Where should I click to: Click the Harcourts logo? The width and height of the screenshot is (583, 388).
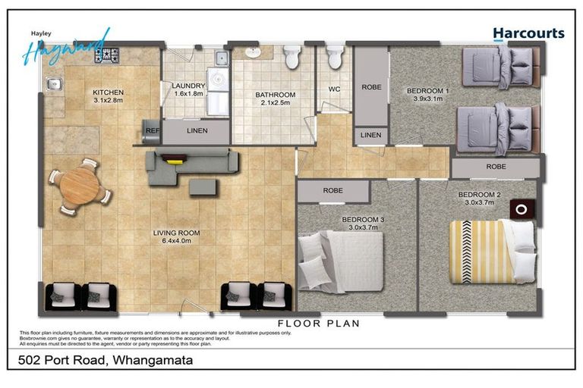[x=528, y=33]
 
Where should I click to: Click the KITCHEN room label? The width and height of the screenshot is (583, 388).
[x=108, y=95]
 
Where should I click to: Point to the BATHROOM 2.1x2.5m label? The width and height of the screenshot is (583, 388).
[x=275, y=99]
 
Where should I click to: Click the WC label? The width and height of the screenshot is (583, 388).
[x=334, y=89]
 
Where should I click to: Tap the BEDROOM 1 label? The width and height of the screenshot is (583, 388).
[x=427, y=95]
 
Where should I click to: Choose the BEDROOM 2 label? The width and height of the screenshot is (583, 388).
[x=479, y=199]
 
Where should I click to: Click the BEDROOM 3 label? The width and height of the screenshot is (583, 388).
[x=363, y=224]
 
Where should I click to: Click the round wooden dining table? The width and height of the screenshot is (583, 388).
[x=79, y=185]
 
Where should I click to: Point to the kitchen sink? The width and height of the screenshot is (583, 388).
[x=54, y=86]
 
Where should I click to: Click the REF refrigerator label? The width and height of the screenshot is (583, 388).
[x=151, y=130]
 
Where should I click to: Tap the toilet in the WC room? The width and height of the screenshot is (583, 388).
[x=334, y=57]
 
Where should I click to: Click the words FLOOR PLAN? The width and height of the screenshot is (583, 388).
[x=318, y=323]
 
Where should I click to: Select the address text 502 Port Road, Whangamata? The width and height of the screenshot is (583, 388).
[x=106, y=360]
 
